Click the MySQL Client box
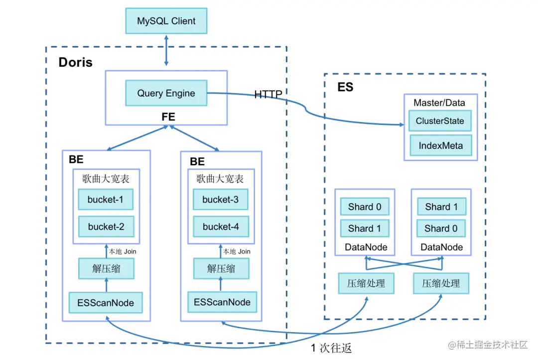[166, 21]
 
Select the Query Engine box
[166, 93]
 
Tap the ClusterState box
[440, 121]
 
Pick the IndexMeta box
[440, 146]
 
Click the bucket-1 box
[105, 200]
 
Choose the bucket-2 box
[106, 227]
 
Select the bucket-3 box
[220, 200]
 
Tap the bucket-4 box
[221, 227]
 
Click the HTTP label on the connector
[268, 94]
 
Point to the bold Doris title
[76, 62]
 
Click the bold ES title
[345, 87]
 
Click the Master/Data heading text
[439, 103]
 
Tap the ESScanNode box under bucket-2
[106, 303]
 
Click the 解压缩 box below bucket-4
[221, 269]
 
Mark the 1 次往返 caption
[331, 348]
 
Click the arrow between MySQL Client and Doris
[166, 50]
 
